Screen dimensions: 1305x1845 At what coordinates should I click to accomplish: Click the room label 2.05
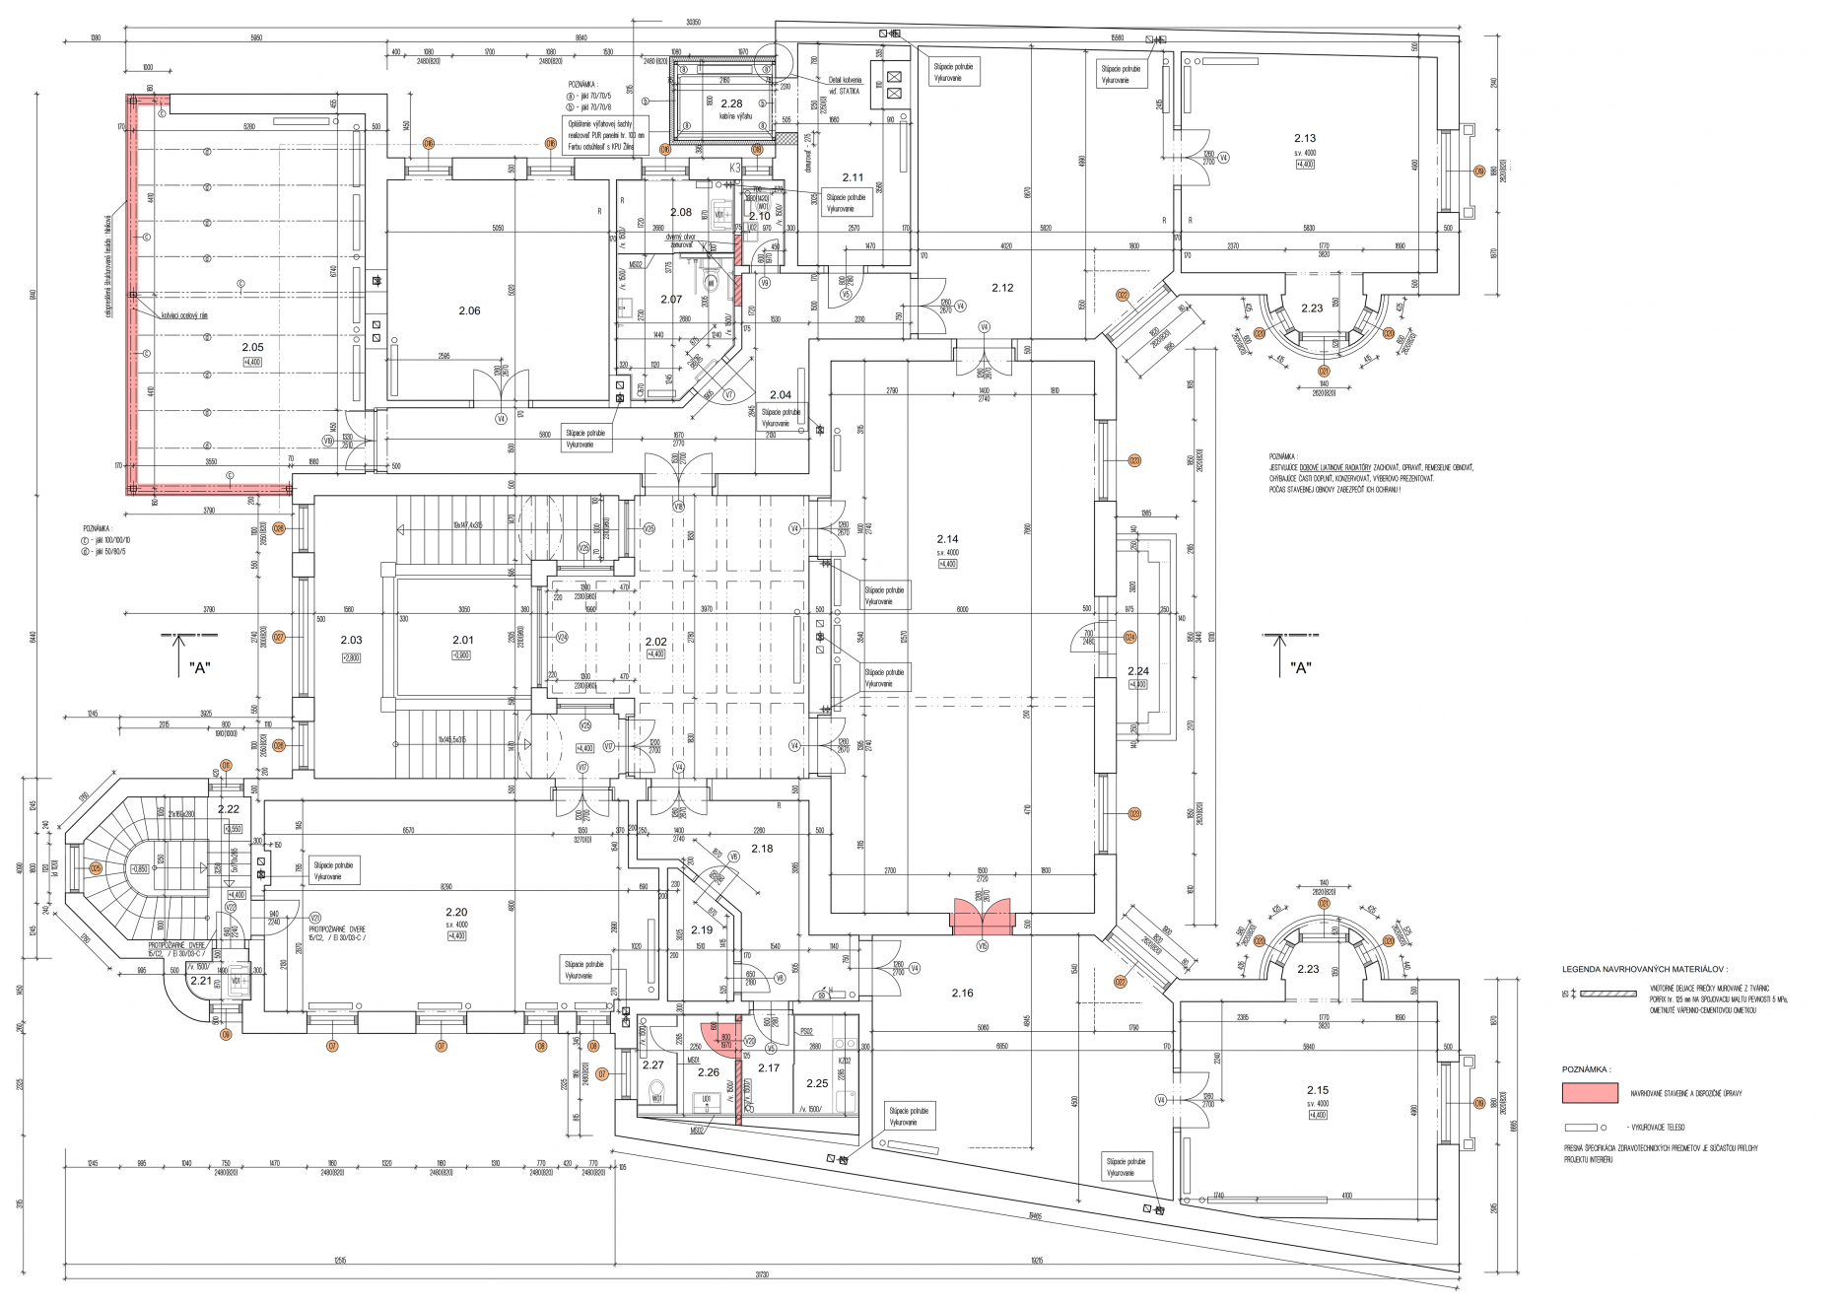pyautogui.click(x=252, y=347)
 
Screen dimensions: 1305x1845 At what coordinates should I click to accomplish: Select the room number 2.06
pyautogui.click(x=469, y=310)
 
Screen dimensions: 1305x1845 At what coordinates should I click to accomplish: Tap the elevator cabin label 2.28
pyautogui.click(x=730, y=103)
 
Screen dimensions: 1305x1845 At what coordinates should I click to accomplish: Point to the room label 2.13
pyautogui.click(x=1304, y=139)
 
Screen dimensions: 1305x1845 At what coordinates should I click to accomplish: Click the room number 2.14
pyautogui.click(x=946, y=539)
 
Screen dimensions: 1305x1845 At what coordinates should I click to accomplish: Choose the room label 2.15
pyautogui.click(x=1317, y=1090)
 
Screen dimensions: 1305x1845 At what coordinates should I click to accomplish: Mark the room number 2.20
pyautogui.click(x=455, y=912)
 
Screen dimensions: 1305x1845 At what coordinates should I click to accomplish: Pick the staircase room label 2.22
pyautogui.click(x=228, y=809)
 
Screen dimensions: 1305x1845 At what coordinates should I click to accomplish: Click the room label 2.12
pyautogui.click(x=1002, y=288)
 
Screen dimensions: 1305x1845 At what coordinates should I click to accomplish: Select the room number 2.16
pyautogui.click(x=962, y=993)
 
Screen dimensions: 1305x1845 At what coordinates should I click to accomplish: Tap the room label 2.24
pyautogui.click(x=1137, y=671)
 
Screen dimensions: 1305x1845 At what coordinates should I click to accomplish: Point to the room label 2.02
pyautogui.click(x=655, y=642)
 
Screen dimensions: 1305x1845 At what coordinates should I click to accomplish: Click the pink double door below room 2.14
pyautogui.click(x=982, y=916)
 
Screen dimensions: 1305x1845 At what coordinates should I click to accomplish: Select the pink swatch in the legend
pyautogui.click(x=1589, y=1092)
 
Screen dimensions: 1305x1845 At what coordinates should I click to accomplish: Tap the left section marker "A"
pyautogui.click(x=200, y=667)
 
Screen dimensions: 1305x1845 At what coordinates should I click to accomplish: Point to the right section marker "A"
pyautogui.click(x=1300, y=667)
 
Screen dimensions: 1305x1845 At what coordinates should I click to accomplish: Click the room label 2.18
pyautogui.click(x=762, y=849)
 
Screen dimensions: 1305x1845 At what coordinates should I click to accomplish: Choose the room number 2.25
pyautogui.click(x=817, y=1083)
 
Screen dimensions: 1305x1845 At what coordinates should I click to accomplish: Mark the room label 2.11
pyautogui.click(x=853, y=178)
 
